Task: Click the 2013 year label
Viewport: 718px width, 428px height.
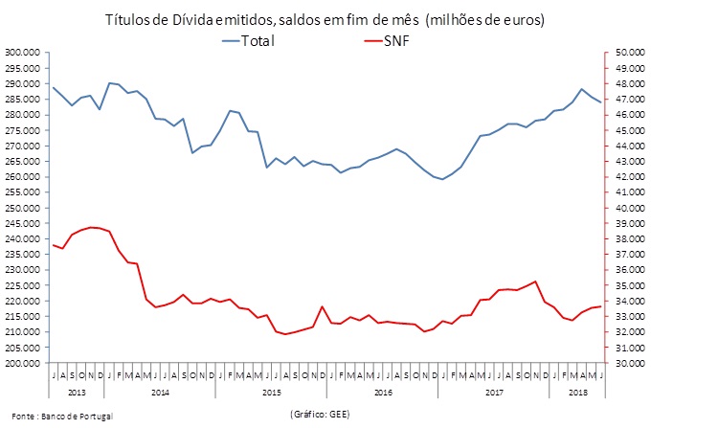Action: click(77, 393)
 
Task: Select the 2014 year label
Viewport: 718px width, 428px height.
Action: click(160, 393)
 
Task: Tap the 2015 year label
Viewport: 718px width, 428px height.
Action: click(271, 393)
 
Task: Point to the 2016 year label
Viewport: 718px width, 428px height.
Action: click(383, 393)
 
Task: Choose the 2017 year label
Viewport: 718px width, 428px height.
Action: click(494, 393)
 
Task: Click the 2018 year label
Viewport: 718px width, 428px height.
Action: click(577, 393)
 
